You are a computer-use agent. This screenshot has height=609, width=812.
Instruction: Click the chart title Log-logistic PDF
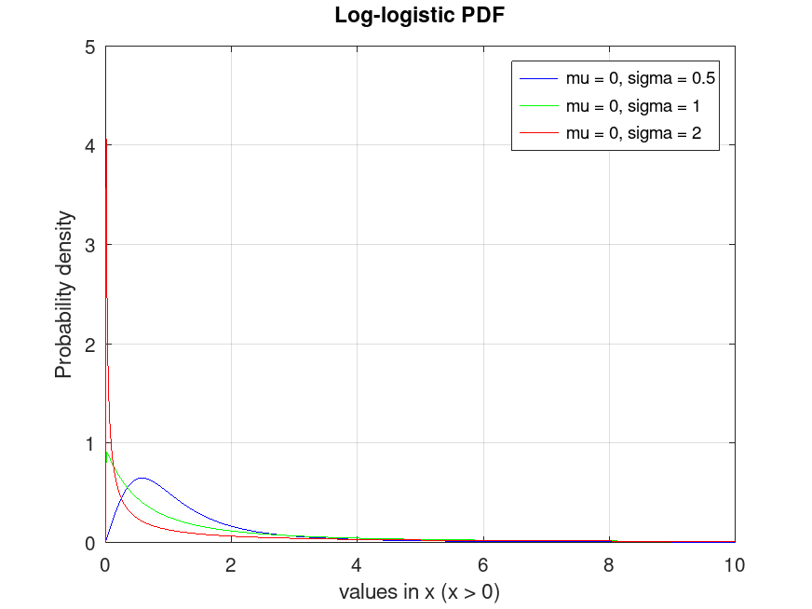click(x=405, y=16)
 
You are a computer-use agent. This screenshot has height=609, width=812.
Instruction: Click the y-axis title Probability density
click(x=63, y=294)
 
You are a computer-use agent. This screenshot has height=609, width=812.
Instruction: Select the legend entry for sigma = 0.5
click(x=640, y=77)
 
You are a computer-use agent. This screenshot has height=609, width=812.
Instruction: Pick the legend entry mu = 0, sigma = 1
click(x=632, y=105)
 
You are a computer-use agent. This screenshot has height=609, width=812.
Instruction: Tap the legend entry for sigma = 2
click(x=632, y=134)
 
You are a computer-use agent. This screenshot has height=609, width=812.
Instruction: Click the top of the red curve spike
click(x=106, y=141)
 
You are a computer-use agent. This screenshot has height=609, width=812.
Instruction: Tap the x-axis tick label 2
click(x=231, y=563)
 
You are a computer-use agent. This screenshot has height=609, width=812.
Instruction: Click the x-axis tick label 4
click(x=357, y=563)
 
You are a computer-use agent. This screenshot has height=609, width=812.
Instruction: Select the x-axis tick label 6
click(x=482, y=563)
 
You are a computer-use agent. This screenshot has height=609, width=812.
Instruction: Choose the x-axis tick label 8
click(x=609, y=563)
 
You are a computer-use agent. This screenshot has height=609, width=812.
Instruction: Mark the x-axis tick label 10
click(x=734, y=563)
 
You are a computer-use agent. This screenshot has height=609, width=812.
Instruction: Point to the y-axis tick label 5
click(x=89, y=47)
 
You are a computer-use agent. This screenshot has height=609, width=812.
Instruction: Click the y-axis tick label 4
click(x=89, y=145)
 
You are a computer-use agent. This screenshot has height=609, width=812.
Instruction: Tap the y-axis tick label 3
click(x=89, y=245)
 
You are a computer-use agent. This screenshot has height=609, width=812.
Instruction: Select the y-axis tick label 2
click(x=89, y=344)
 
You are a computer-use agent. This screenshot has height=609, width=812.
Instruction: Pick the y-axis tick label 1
click(x=89, y=443)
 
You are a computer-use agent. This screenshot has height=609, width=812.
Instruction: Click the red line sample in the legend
click(x=538, y=134)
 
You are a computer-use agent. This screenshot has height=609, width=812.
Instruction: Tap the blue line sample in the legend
click(x=538, y=77)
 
